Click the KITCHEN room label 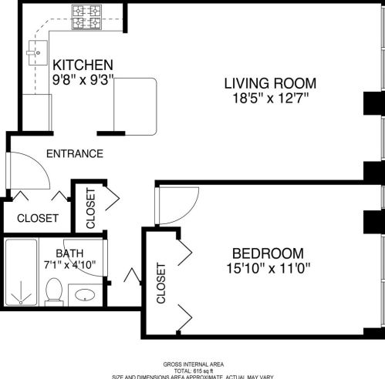point(83,65)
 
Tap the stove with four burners point(87,17)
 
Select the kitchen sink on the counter point(32,55)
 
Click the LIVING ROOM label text point(270,83)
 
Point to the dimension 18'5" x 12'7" point(270,97)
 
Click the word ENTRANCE point(74,153)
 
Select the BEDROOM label point(268,253)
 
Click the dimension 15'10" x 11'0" point(268,269)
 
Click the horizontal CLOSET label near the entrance point(36,218)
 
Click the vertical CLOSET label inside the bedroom point(161,283)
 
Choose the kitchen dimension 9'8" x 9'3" point(83,78)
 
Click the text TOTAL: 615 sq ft point(194,371)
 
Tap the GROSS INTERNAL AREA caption point(194,364)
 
